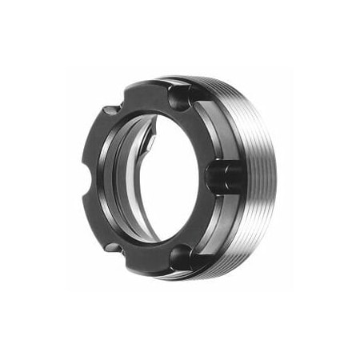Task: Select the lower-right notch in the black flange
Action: [x=182, y=255]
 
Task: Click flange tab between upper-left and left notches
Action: [x=94, y=140]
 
